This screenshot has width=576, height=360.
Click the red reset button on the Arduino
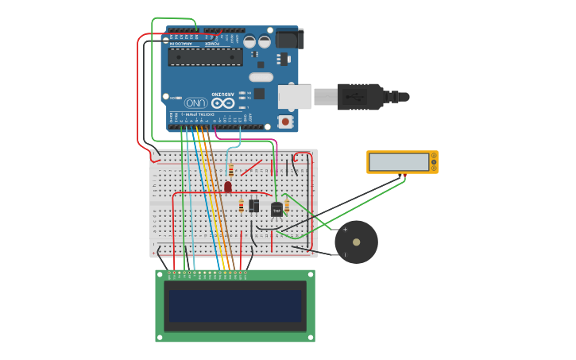click(284, 122)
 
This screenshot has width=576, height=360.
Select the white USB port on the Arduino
click(294, 96)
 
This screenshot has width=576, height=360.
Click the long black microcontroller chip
click(206, 56)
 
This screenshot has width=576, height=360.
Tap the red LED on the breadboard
click(228, 187)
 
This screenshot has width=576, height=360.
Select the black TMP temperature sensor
click(276, 210)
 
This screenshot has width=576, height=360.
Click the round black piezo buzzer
click(356, 242)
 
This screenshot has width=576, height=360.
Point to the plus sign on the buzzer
click(345, 230)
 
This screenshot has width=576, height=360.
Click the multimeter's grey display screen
click(399, 162)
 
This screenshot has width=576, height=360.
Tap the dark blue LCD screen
click(235, 305)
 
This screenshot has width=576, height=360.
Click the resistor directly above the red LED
click(231, 170)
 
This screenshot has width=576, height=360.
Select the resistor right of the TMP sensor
click(287, 207)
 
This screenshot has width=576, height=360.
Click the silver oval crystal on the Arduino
click(261, 77)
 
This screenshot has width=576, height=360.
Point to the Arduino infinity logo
click(223, 103)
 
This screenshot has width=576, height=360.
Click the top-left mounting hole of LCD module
click(160, 274)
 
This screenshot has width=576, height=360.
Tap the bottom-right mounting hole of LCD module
click(311, 337)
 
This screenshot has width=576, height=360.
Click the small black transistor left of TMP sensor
click(253, 206)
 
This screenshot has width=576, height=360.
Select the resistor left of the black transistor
click(242, 207)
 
